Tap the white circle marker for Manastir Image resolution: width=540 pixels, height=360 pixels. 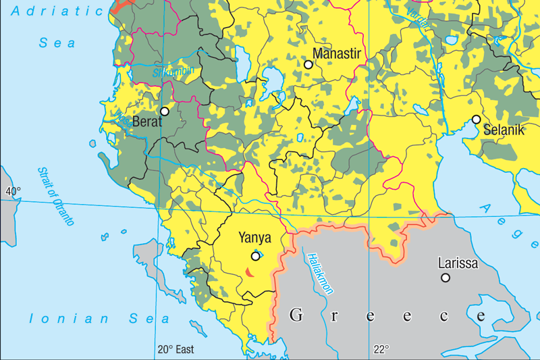coord(308,64)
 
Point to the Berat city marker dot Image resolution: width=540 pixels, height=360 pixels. coord(165,111)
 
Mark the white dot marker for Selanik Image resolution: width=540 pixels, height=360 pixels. coord(476,120)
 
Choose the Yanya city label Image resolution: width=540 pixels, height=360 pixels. coord(255,238)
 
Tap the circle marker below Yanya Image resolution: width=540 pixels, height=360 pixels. coord(255,256)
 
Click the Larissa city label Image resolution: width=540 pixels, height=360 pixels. coord(458,263)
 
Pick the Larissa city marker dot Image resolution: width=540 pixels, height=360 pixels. coord(446,278)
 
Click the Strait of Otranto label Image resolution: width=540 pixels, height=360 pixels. coord(56,196)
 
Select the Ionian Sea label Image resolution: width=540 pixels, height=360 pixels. coord(99,319)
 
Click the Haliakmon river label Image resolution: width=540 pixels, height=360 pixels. coord(320,274)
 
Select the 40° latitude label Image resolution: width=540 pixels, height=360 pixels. coord(13,191)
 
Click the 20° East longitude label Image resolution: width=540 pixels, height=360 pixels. coord(175,349)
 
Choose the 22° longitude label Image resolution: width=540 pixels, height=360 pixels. coord(382,349)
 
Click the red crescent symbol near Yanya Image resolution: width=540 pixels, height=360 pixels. coord(248,272)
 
